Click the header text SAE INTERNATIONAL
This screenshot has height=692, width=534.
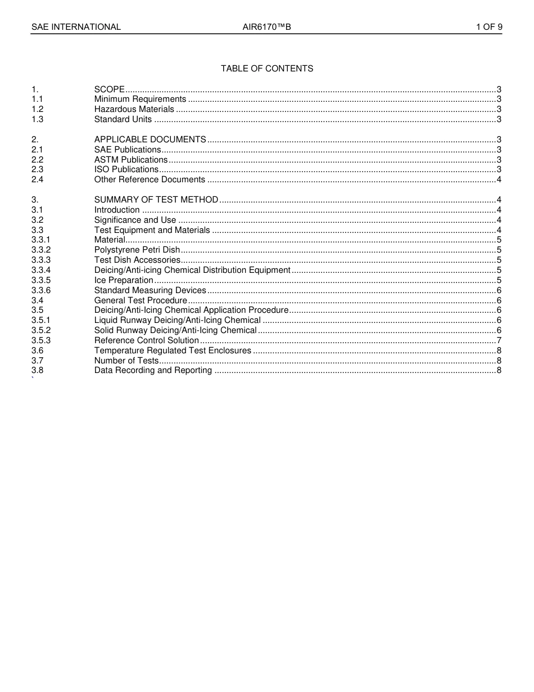point(76,27)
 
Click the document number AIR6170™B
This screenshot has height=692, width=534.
point(267,27)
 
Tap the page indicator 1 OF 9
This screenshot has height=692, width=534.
point(489,27)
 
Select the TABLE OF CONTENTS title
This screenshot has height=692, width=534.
point(267,69)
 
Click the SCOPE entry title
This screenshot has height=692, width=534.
point(110,89)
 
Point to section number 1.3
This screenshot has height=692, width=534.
point(38,119)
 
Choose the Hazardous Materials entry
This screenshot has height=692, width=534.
point(134,109)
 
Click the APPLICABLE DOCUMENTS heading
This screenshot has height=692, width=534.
point(150,140)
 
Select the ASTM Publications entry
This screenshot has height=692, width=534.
point(131,160)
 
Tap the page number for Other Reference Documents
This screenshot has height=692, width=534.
point(499,179)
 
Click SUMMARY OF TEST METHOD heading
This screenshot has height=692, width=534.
point(156,200)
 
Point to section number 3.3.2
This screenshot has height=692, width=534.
point(41,250)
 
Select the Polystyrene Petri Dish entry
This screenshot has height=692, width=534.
point(137,250)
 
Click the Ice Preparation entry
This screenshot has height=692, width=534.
point(124,280)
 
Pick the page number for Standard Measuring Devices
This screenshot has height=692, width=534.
point(499,290)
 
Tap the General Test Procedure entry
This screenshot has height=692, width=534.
point(141,300)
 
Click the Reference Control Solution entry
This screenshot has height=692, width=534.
point(147,340)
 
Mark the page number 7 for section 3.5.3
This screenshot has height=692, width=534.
point(499,340)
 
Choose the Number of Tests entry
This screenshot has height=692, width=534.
point(126,361)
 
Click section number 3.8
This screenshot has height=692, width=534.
point(38,370)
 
